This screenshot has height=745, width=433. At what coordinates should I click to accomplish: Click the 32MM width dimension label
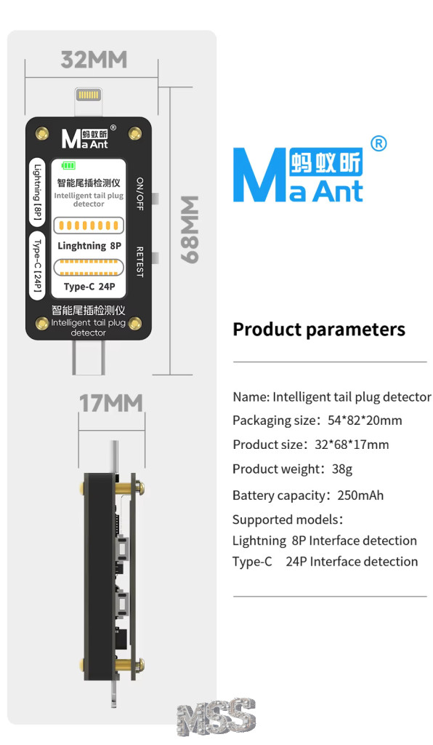pos(94,60)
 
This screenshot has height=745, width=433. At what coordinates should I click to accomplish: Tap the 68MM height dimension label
pos(190,229)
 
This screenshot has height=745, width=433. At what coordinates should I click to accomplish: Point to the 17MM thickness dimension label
pos(111,403)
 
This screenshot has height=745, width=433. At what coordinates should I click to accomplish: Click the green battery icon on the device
pos(69,165)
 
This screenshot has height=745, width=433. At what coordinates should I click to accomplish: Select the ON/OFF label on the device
pos(140,194)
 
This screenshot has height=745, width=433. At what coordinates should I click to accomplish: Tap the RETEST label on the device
pos(140,262)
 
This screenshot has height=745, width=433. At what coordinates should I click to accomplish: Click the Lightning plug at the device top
pos(88,102)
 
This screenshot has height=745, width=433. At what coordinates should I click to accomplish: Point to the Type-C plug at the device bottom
pos(88,356)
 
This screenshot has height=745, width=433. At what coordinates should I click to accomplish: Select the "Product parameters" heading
pos(319,330)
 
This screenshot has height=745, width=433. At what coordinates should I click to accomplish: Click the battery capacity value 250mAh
pos(360,495)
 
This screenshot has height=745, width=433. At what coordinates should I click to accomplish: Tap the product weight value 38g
pos(342,469)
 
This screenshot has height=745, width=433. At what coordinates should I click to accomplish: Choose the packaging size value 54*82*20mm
pos(365,421)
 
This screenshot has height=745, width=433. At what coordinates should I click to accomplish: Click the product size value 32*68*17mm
pos(352,445)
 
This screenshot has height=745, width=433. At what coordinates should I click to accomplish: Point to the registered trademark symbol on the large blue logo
pos(378,143)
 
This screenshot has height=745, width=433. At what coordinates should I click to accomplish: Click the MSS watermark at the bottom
pos(216,717)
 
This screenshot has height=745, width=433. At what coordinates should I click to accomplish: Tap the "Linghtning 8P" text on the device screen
pos(89,246)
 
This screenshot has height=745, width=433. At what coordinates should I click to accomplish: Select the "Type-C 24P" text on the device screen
pos(89,287)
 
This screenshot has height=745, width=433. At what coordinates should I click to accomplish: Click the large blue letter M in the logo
pos(260,175)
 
